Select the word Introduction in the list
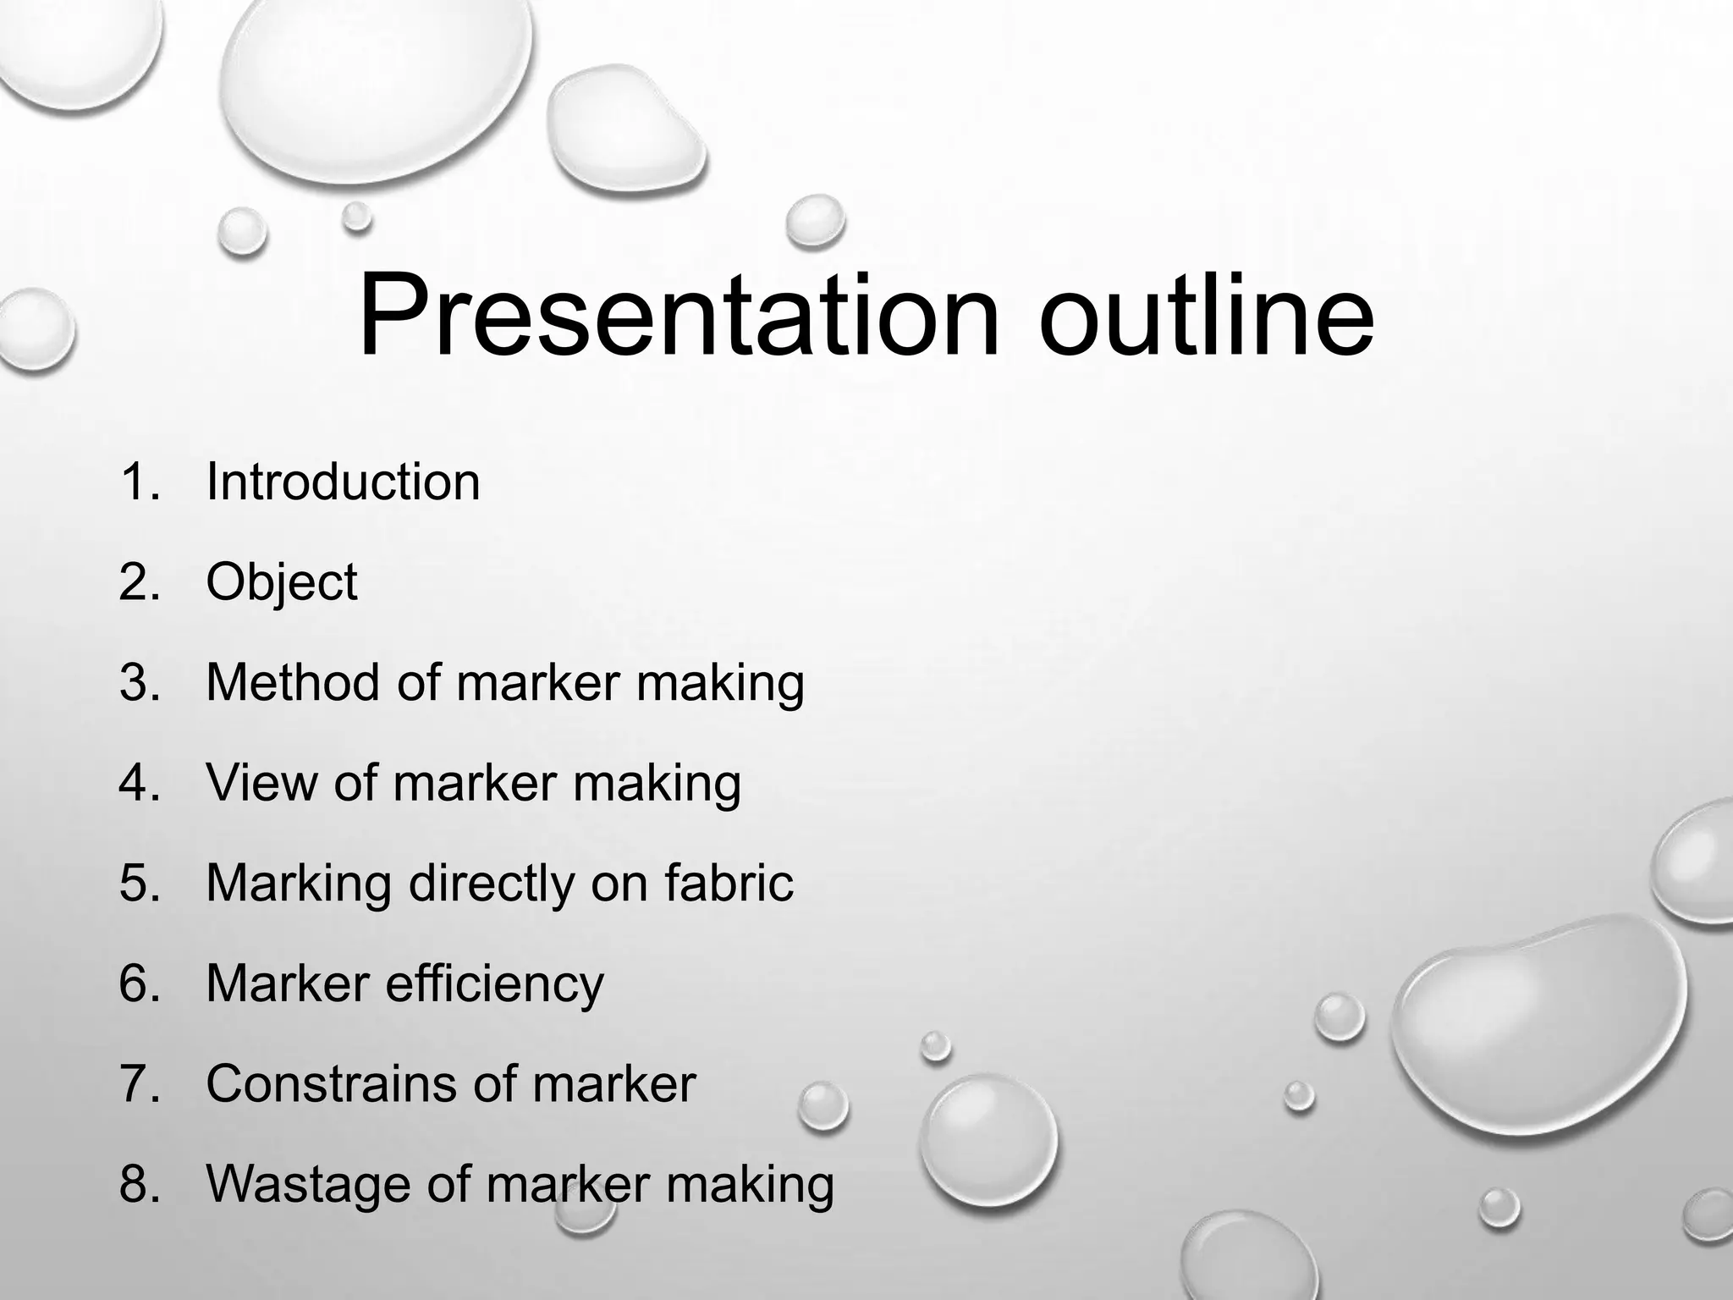point(343,482)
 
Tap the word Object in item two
point(281,582)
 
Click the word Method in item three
point(292,682)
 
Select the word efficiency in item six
point(495,983)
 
